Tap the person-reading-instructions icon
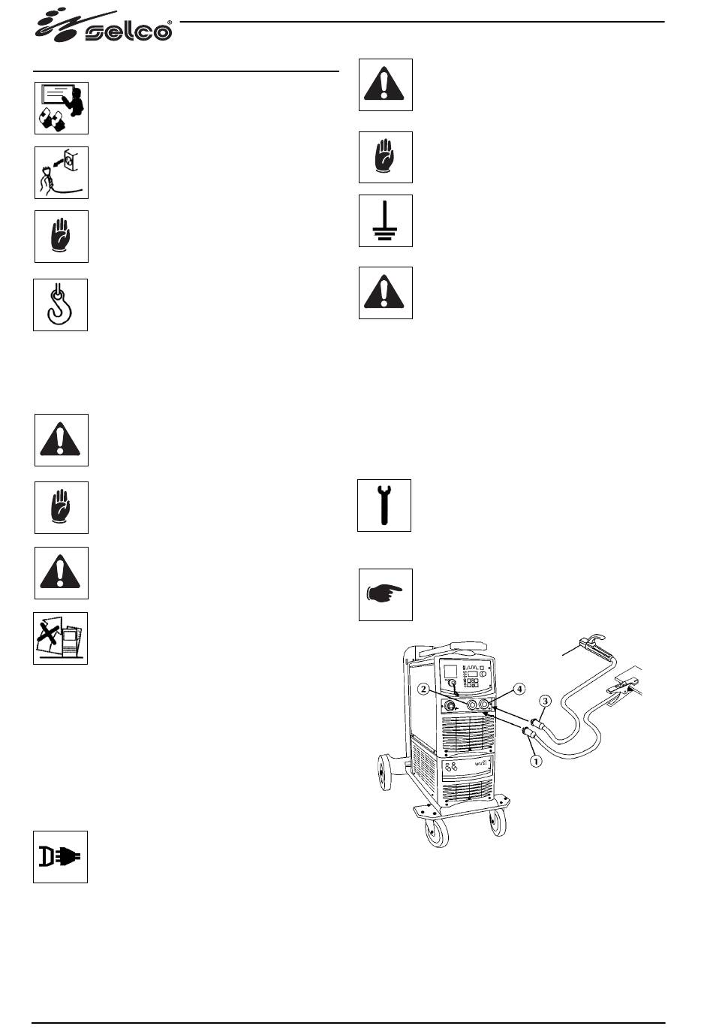[x=61, y=108]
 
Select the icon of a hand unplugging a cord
[x=61, y=173]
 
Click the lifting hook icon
[x=60, y=305]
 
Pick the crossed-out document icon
[x=60, y=638]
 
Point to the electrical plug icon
[x=60, y=857]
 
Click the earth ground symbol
[x=385, y=221]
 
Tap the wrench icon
[x=384, y=505]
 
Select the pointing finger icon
[x=385, y=595]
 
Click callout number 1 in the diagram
[x=536, y=761]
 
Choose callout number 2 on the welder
[x=424, y=689]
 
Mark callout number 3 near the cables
[x=546, y=700]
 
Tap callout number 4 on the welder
[x=519, y=688]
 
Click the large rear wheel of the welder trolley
[x=388, y=775]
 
